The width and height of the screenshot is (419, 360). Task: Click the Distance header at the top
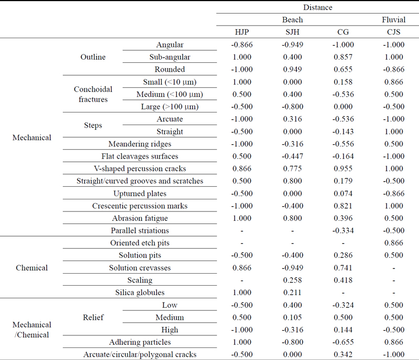[x=318, y=7]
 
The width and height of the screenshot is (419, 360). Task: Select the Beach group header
[x=293, y=19]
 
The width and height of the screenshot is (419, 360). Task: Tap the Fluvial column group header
[x=394, y=19]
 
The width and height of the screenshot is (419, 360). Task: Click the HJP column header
[x=242, y=32]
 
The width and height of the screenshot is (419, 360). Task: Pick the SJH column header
[x=293, y=32]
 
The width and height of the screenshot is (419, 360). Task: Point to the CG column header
[x=343, y=32]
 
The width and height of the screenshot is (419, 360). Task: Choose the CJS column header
[x=394, y=32]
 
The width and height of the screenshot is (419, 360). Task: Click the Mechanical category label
[x=32, y=138]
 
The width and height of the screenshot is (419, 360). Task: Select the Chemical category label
[x=32, y=267]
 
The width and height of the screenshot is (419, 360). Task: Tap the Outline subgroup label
[x=93, y=57]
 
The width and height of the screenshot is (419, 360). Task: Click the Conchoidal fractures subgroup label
[x=93, y=94]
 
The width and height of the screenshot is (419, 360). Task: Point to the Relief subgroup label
[x=93, y=317]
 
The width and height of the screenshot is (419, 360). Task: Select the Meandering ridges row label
[x=140, y=144]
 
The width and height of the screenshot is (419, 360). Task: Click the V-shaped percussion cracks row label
[x=140, y=168]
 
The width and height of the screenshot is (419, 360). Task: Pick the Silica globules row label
[x=140, y=292]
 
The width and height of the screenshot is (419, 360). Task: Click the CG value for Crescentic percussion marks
[x=343, y=206]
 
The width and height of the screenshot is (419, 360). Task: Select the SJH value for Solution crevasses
[x=293, y=267]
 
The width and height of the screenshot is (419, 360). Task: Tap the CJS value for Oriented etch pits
[x=394, y=243]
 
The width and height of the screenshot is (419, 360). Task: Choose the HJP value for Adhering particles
[x=242, y=342]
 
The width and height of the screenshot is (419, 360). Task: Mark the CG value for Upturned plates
[x=343, y=194]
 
